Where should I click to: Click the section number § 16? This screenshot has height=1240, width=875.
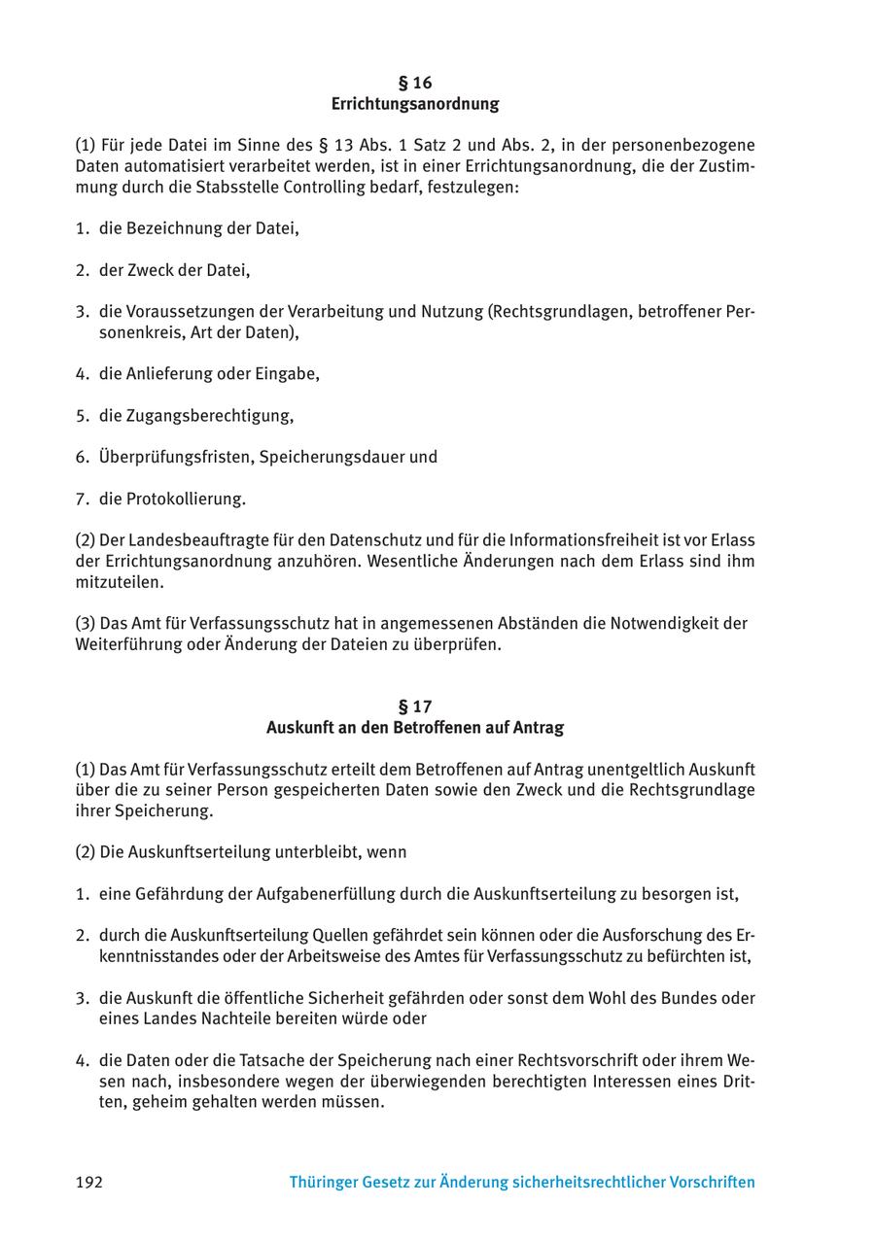tap(415, 83)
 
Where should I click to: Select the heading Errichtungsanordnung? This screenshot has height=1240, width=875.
tap(415, 104)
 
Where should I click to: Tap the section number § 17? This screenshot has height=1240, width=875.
tap(415, 706)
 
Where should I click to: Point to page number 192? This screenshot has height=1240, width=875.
tap(88, 1183)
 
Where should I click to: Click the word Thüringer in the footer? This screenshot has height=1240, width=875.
tap(323, 1183)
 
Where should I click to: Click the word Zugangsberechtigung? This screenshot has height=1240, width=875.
tap(208, 416)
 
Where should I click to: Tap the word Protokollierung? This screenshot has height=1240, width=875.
tap(185, 499)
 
